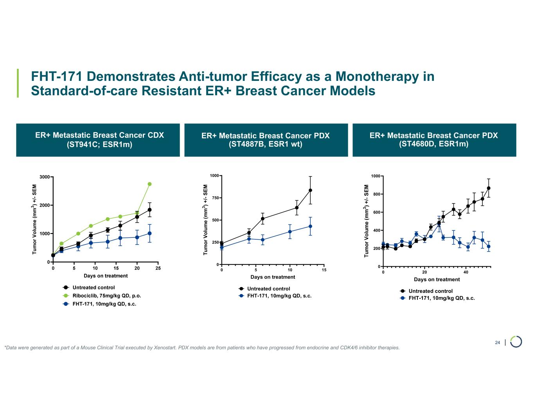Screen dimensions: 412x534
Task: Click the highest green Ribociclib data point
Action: tap(149, 184)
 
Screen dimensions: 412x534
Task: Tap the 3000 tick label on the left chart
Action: tap(44, 177)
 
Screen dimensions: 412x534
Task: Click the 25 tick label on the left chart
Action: tap(158, 269)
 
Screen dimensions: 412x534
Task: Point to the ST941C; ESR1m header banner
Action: tap(98, 140)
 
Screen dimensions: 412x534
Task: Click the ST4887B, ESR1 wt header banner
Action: tap(266, 140)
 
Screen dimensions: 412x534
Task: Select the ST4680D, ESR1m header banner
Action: tap(434, 140)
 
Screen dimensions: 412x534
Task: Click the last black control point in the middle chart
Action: tap(310, 190)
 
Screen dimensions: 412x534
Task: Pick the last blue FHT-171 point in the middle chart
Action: tap(310, 226)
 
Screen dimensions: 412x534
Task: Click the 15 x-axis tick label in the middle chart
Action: tap(324, 270)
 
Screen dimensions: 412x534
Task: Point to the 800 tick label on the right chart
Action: tap(375, 194)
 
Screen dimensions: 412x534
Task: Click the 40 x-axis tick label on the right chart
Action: tap(466, 272)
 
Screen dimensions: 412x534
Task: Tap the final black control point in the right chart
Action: tap(489, 188)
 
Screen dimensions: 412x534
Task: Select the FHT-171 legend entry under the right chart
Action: tap(442, 298)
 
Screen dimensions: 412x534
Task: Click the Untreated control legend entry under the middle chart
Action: tap(268, 289)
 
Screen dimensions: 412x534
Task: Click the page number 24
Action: tap(498, 343)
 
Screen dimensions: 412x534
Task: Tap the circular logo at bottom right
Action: tap(516, 341)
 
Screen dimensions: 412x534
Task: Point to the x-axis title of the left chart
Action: tap(106, 276)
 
